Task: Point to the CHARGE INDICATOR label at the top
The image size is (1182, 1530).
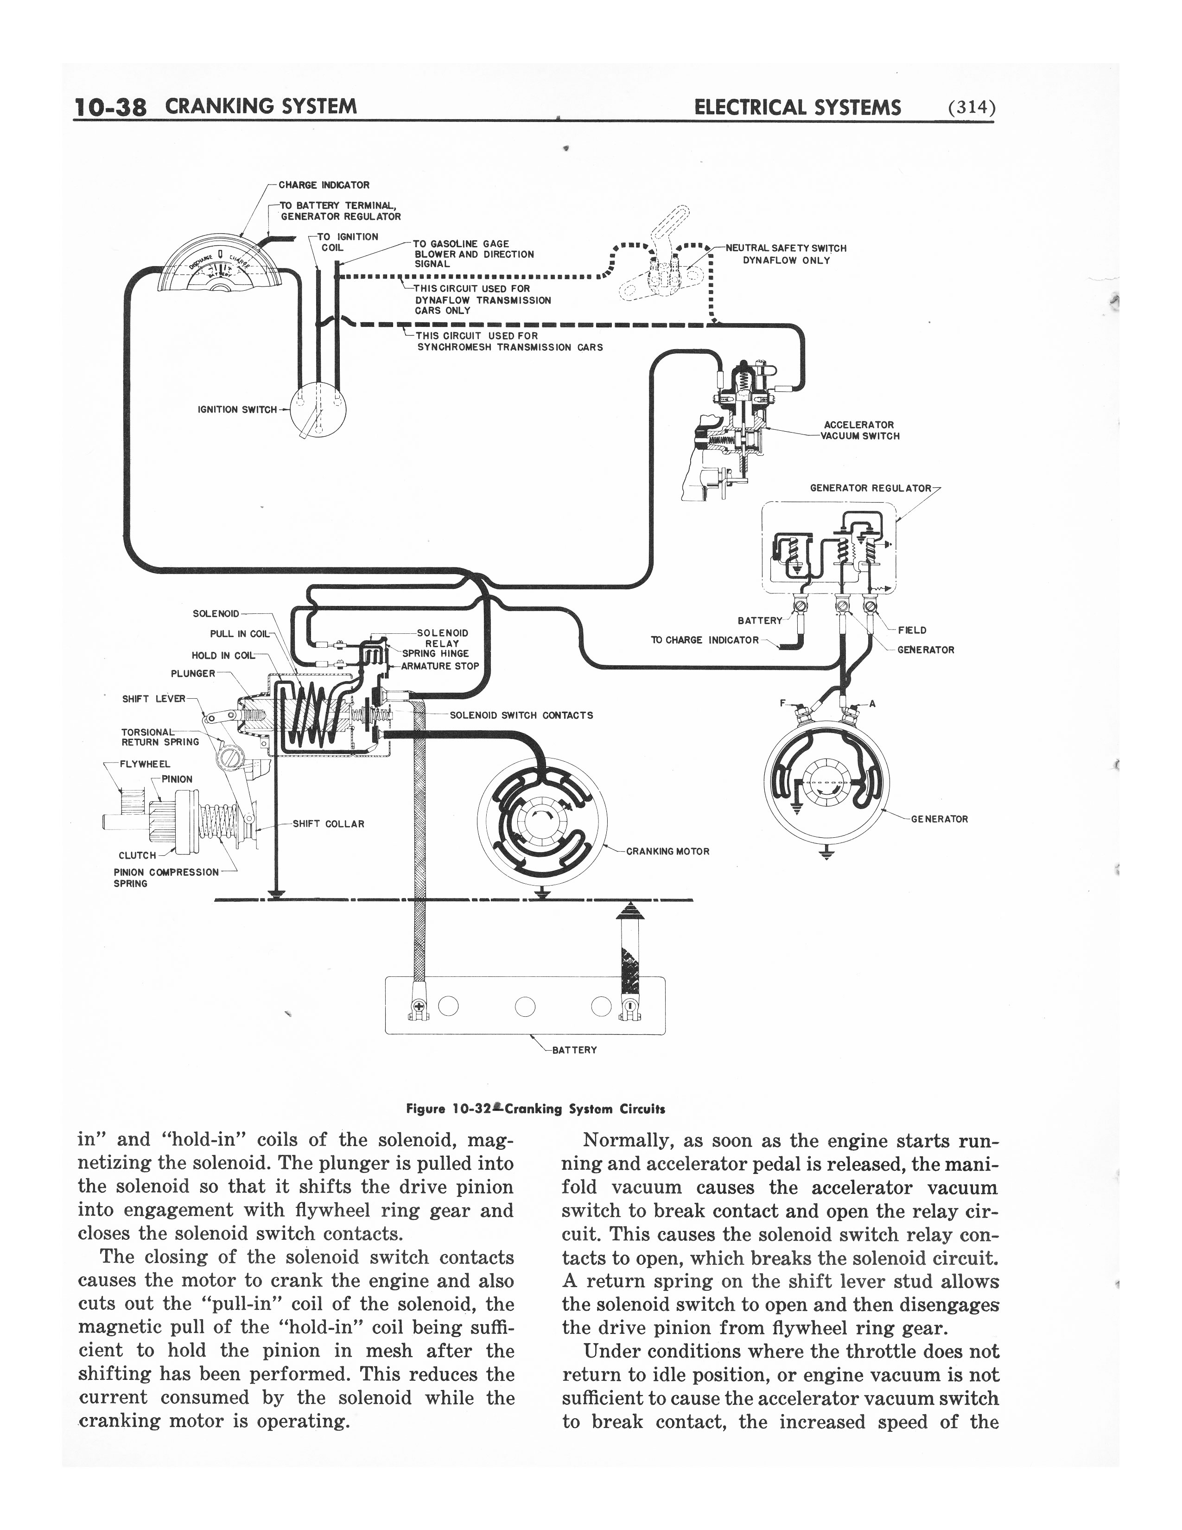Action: tap(324, 185)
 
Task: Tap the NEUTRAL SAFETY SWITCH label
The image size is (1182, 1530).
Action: tap(786, 249)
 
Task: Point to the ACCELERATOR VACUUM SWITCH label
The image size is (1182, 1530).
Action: tap(859, 430)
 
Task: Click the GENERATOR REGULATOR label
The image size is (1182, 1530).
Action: tap(871, 488)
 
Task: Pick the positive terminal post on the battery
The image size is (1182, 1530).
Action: tap(418, 1007)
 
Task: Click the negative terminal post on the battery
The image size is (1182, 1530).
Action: tap(628, 1007)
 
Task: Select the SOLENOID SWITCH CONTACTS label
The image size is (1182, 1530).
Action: tap(521, 715)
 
